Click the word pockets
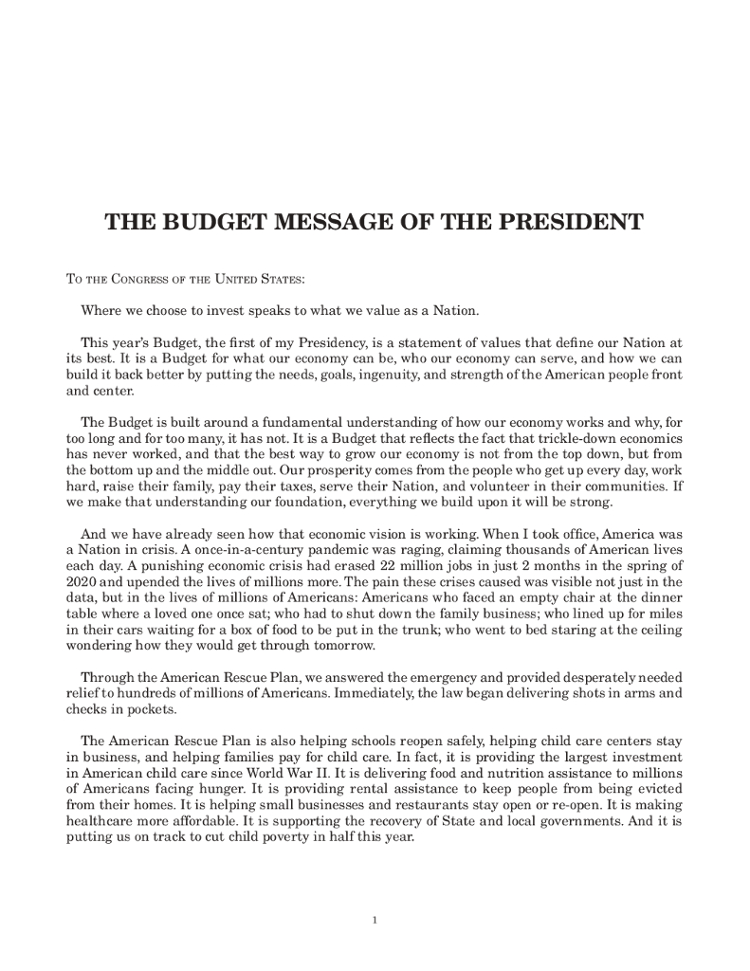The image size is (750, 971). pos(153,708)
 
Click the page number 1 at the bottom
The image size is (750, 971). pos(375,918)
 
